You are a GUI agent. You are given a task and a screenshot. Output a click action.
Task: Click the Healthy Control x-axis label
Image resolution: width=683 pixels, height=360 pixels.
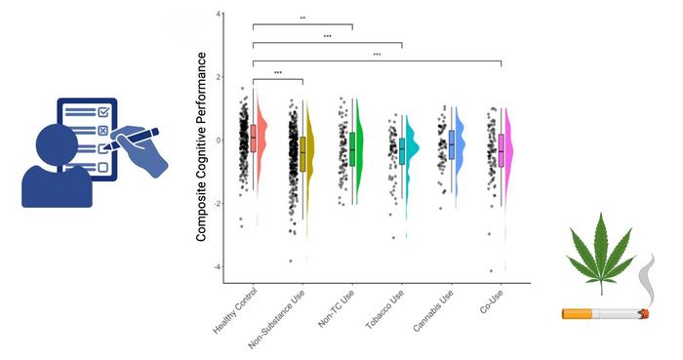235,311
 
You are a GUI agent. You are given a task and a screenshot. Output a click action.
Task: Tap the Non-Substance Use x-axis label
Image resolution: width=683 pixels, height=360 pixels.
276,319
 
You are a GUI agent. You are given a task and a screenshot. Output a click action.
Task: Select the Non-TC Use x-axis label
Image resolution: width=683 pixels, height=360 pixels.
337,308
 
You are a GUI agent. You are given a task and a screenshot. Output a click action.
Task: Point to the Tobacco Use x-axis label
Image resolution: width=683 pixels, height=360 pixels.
385,309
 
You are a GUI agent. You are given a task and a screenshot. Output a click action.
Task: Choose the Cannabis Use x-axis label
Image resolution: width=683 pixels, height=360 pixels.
433,310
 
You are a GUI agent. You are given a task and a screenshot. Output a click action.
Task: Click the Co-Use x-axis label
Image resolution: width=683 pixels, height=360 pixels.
492,301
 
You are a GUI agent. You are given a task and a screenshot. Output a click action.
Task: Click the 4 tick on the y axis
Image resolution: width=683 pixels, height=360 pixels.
218,14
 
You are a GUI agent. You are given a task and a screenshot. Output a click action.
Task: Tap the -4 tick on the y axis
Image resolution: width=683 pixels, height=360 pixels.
217,266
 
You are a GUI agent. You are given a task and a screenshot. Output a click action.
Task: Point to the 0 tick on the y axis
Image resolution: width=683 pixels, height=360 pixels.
218,140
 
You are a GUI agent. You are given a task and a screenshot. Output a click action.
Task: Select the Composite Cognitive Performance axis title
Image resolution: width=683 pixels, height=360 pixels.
201,146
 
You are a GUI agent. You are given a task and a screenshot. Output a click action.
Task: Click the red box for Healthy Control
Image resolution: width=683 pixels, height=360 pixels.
253,139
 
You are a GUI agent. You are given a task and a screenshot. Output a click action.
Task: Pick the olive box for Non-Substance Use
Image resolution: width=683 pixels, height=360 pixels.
302,154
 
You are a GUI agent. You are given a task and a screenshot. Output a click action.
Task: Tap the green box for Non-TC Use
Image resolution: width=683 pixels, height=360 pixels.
352,149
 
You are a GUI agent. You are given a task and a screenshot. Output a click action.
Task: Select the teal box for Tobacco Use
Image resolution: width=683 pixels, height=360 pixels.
402,151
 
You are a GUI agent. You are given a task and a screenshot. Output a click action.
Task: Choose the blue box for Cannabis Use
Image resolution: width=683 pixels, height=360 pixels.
452,144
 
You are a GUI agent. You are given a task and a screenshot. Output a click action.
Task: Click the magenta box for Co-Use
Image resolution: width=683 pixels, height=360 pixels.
502,150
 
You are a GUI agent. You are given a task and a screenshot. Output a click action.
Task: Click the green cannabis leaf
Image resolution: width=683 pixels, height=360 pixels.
601,253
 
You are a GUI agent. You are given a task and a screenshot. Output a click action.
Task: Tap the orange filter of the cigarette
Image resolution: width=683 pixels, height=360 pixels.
577,313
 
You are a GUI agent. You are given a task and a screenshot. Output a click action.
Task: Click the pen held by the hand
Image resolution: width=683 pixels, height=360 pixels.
131,139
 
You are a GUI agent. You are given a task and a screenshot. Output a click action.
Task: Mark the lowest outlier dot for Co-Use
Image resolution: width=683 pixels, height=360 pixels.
492,271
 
